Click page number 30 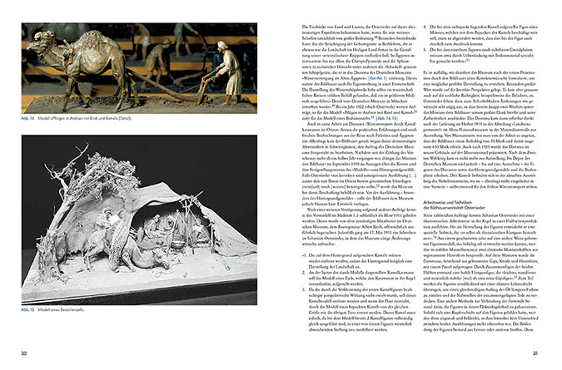coord(26,355)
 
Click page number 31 coord(537,355)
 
